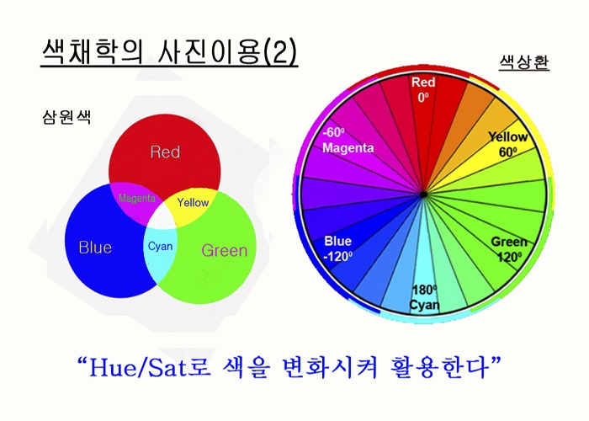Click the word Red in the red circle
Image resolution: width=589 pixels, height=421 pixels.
[165, 152]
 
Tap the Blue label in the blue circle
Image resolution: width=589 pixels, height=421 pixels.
[95, 248]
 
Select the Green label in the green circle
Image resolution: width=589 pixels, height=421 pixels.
[225, 250]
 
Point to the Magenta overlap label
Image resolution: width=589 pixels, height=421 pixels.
[136, 198]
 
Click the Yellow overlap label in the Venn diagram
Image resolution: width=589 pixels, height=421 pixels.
[193, 203]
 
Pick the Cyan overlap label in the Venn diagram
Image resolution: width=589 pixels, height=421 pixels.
[161, 246]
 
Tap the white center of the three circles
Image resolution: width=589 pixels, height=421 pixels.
[162, 218]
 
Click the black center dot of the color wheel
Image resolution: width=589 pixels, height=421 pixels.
[423, 195]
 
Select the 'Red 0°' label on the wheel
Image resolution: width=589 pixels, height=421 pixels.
[423, 89]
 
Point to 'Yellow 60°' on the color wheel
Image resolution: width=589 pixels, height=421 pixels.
[508, 144]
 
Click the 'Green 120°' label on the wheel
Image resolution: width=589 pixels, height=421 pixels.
[509, 249]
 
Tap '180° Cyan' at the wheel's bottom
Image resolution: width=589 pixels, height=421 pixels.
[424, 297]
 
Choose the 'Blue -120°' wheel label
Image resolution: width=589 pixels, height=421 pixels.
[338, 248]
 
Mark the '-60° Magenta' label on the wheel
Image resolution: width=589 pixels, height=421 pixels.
[348, 140]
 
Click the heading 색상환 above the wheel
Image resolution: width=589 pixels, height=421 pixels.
[524, 62]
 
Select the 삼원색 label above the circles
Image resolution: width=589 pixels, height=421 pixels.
[66, 117]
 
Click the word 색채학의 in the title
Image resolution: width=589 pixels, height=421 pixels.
[93, 51]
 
